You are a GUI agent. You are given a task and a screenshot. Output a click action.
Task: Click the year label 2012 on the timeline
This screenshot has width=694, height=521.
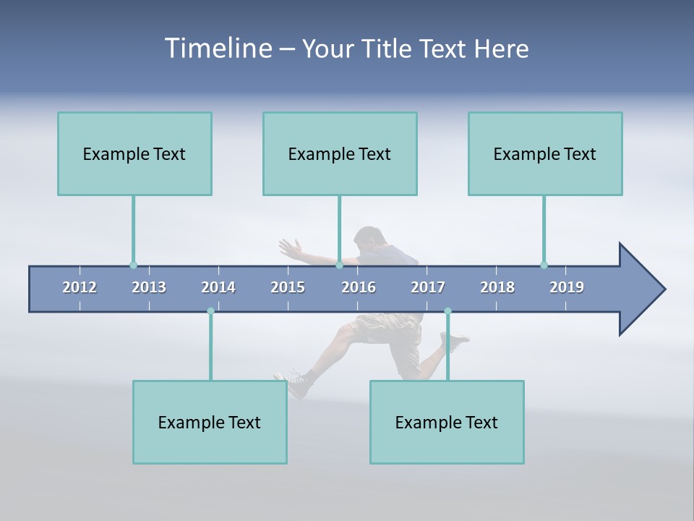pos(80,287)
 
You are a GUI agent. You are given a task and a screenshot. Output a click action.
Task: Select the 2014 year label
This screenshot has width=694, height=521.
pos(218,287)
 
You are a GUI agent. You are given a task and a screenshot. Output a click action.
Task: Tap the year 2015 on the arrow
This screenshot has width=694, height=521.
pos(288,287)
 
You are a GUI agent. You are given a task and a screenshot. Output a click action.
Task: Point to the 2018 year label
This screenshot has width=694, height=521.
pos(497,287)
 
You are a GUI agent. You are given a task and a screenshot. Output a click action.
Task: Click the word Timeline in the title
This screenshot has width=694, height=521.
pos(218,48)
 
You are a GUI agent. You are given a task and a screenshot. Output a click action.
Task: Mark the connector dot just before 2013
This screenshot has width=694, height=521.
pos(133,266)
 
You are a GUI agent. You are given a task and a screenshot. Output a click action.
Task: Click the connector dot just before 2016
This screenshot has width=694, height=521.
pos(339,266)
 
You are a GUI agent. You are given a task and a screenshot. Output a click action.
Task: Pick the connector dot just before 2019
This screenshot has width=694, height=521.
pos(544,265)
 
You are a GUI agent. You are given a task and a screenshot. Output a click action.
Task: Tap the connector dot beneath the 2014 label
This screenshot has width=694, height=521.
pos(210,311)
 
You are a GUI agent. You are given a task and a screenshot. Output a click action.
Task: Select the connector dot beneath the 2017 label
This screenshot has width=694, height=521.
pos(447,311)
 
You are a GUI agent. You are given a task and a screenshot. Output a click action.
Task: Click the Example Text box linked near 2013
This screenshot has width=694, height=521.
pos(134,153)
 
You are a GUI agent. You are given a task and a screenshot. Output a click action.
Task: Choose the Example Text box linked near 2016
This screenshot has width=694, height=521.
pos(340,153)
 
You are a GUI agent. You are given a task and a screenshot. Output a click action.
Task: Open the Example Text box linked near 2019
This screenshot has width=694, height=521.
pos(545,153)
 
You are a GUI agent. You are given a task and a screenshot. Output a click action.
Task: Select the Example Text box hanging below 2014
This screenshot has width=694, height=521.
pos(210,422)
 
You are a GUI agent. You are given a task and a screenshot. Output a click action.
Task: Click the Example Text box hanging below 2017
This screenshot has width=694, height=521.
pos(447,422)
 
